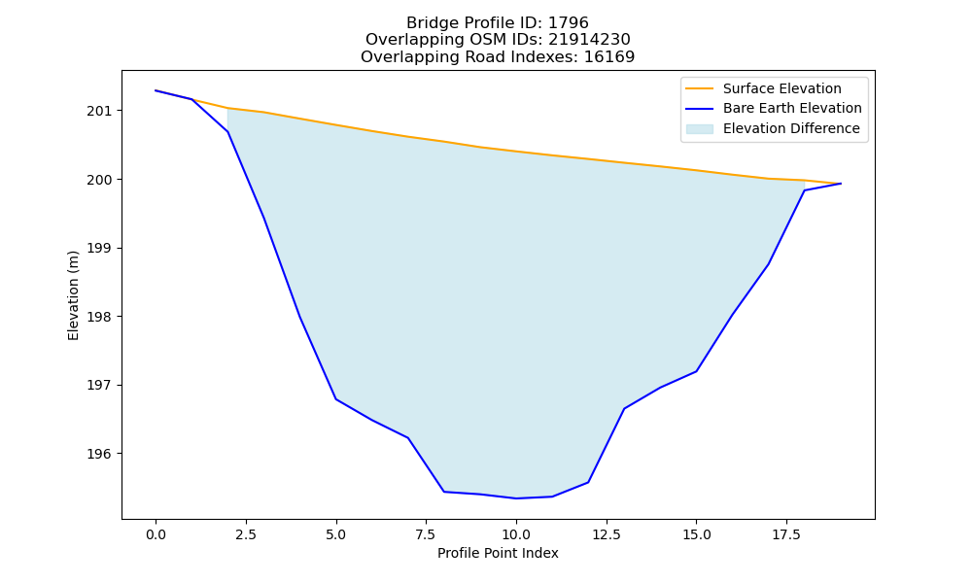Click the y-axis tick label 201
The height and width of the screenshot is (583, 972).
[x=99, y=112]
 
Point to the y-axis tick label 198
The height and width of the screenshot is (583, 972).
[x=99, y=317]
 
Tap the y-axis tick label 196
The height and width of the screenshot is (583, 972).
[x=99, y=454]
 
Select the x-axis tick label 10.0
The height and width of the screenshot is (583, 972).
[x=516, y=534]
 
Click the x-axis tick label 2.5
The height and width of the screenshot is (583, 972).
[x=246, y=534]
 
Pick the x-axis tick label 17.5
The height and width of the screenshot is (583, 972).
[x=786, y=534]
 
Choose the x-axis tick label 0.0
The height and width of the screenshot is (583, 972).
[x=156, y=534]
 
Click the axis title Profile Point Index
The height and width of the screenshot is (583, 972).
[x=498, y=553]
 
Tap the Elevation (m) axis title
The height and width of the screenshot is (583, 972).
[x=74, y=295]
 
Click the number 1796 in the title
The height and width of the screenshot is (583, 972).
[x=568, y=23]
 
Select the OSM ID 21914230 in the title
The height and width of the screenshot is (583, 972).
[x=589, y=40]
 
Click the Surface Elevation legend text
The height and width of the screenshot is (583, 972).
[x=782, y=88]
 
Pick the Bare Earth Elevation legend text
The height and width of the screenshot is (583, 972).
[x=792, y=109]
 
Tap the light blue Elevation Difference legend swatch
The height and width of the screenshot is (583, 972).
[x=699, y=129]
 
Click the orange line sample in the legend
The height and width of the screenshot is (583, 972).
[x=699, y=88]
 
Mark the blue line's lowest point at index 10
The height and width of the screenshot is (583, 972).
[x=516, y=498]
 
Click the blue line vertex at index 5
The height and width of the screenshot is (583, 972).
[x=336, y=399]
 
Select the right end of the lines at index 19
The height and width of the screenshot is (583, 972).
[x=841, y=184]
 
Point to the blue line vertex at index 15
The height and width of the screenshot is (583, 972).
[x=697, y=371]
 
